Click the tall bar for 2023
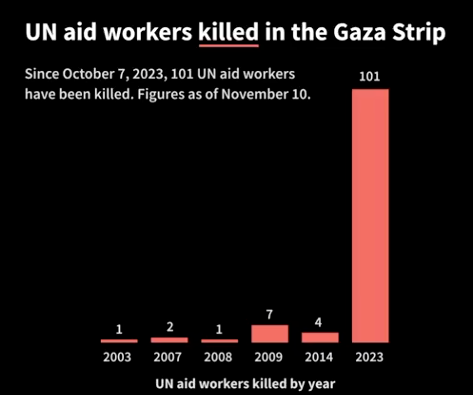point(370,215)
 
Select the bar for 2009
point(270,333)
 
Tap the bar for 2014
point(320,337)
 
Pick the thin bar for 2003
point(119,341)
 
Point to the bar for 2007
point(169,340)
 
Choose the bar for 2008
point(219,341)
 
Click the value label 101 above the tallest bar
point(369,77)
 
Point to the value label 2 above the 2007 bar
point(170,327)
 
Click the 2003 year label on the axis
point(117,357)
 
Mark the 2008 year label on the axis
point(218,357)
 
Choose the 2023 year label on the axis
point(369,357)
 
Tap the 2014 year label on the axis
point(319,357)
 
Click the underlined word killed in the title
point(228,32)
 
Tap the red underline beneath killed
point(228,46)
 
